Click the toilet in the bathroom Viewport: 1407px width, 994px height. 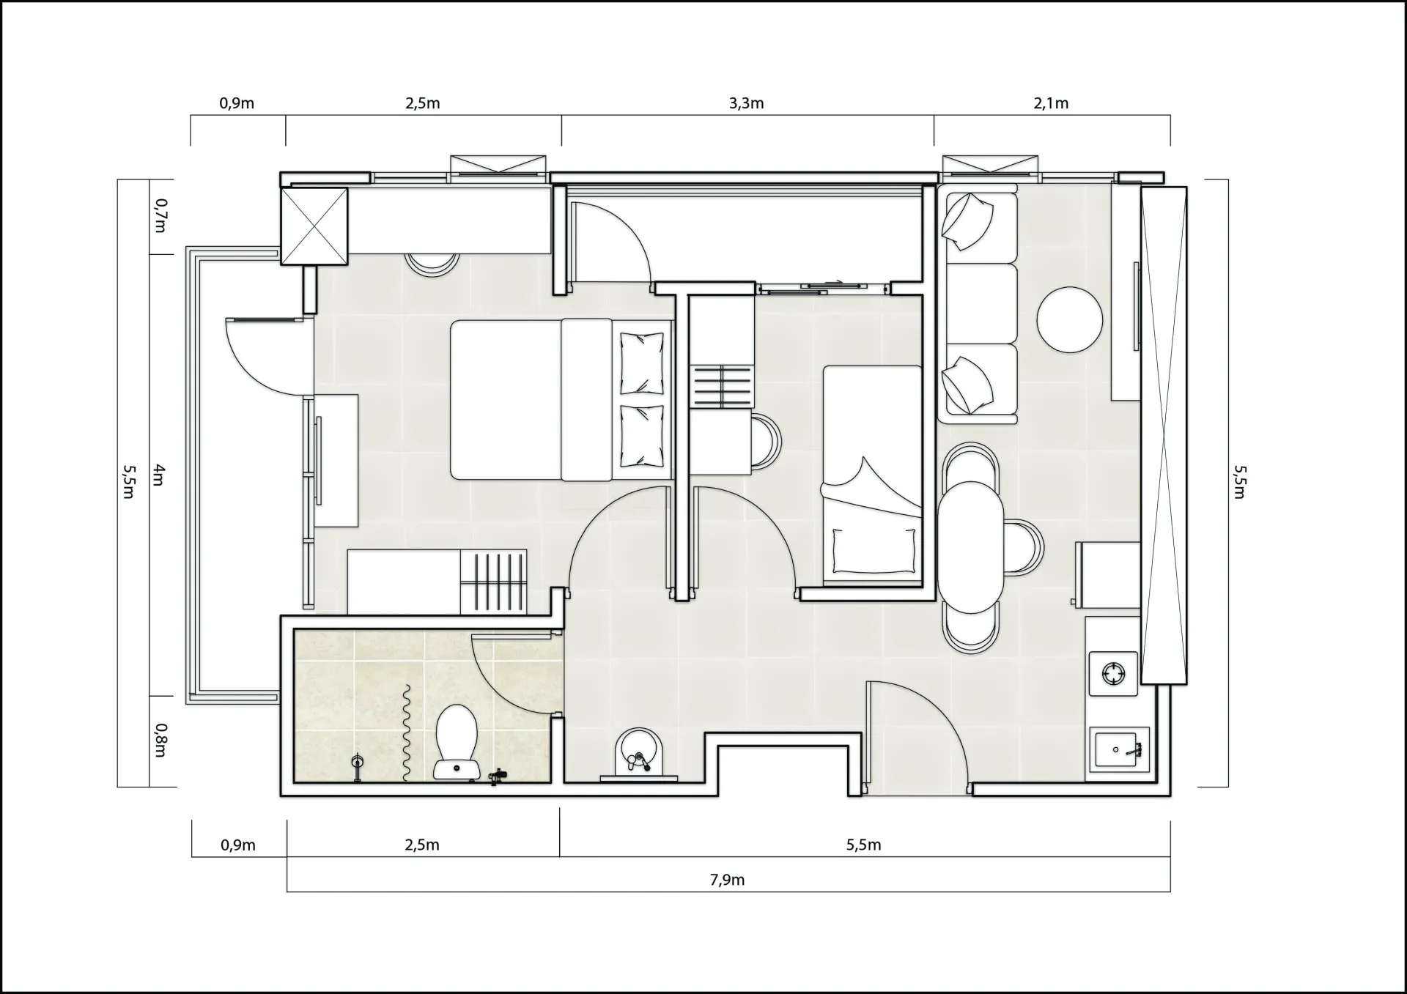point(457,741)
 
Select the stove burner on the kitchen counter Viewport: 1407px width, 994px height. point(1113,673)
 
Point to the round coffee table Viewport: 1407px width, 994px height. point(1070,320)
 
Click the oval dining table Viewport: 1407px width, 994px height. point(970,547)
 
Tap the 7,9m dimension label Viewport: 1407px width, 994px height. point(727,880)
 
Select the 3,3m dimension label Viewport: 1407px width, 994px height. point(746,103)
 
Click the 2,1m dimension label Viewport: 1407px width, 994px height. point(1051,103)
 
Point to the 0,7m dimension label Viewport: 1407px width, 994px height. point(160,216)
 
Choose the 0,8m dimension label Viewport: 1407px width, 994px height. point(160,741)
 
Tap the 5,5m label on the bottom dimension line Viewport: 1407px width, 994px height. point(863,845)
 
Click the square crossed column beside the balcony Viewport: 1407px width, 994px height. point(314,226)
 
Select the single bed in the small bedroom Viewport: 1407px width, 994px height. point(872,476)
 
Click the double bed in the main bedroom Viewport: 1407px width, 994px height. point(561,399)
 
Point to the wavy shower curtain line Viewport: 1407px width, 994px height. point(405,732)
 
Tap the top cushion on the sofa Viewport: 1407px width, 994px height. point(968,220)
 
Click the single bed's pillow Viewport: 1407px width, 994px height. point(874,550)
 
